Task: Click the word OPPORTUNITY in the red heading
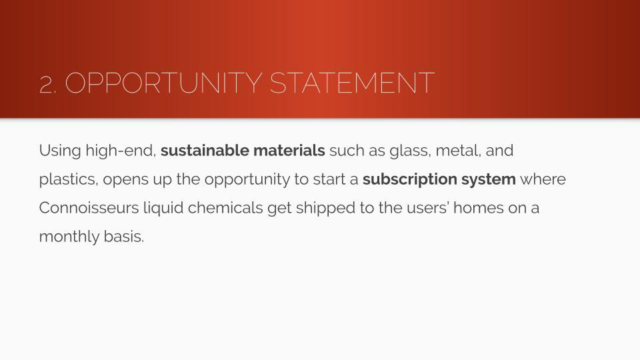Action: [163, 83]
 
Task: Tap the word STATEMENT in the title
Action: [352, 83]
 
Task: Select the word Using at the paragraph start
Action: [60, 151]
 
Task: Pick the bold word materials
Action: [289, 150]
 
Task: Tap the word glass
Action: [410, 151]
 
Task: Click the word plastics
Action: [69, 179]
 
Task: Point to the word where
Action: [543, 179]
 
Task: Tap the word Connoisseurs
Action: [89, 208]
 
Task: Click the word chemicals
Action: [225, 208]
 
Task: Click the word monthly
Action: [69, 237]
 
